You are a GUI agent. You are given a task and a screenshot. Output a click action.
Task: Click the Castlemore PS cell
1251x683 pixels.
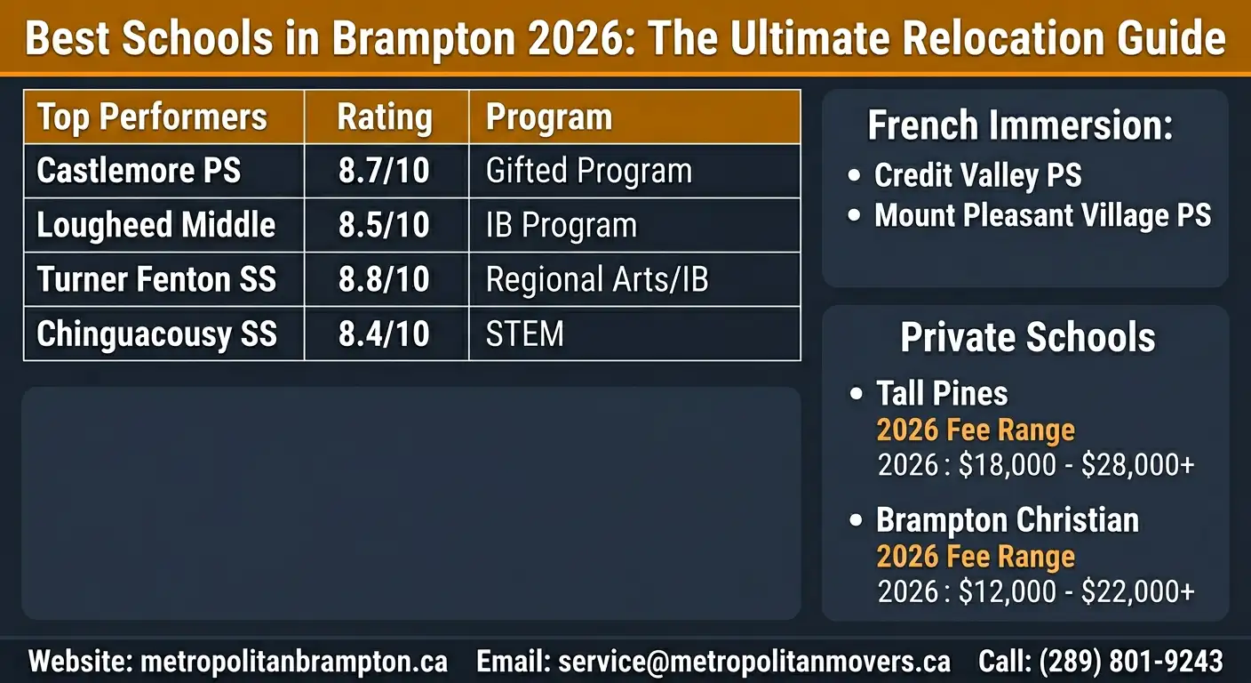coord(139,171)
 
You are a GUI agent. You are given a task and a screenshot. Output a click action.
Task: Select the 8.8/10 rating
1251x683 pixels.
coord(384,280)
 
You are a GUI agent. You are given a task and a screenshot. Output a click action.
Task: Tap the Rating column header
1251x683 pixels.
coord(384,117)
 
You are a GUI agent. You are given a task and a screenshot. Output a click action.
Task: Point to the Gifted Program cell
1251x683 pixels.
coord(588,171)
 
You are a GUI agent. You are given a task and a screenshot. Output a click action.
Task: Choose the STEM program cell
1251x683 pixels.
coord(524,334)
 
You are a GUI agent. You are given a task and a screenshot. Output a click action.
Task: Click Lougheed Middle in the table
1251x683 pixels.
coord(156,226)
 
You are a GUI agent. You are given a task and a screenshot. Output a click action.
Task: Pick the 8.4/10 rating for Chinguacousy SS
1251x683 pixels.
coord(384,334)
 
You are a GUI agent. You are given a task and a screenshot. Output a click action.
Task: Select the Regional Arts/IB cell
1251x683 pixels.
coord(597,280)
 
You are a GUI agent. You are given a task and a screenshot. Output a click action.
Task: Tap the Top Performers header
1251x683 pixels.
coord(152,117)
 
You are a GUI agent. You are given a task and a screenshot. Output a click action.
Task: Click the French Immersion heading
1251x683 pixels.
coord(1020,126)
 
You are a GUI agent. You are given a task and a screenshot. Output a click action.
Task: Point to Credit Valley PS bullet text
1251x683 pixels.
coord(977,175)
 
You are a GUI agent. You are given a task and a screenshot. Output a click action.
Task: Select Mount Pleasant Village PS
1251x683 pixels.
coord(1042,215)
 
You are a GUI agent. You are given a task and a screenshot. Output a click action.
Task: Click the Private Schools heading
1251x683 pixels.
coord(1027,338)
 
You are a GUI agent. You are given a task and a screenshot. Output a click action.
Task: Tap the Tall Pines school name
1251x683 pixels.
coord(942,393)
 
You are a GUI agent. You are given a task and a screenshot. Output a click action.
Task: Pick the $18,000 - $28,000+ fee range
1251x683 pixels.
coord(1076,465)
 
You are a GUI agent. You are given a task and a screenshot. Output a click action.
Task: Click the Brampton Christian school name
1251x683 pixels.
coord(1007,520)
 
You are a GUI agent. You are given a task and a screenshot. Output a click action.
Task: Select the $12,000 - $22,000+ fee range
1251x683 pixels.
coord(1076,592)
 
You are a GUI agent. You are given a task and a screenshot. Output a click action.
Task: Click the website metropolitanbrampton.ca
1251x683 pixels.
coord(294,662)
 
